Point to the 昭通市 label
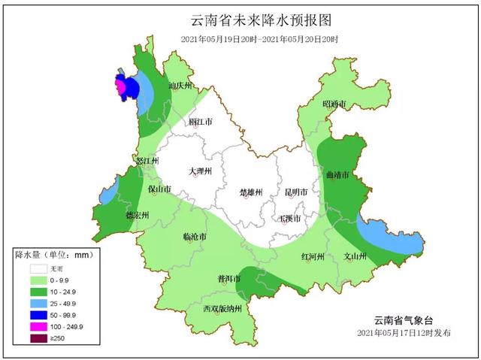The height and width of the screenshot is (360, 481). click(334, 103)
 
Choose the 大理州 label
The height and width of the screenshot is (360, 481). click(201, 171)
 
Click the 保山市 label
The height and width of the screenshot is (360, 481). click(159, 189)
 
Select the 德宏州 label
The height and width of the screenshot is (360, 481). click(137, 215)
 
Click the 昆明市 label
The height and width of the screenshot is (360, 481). click(292, 192)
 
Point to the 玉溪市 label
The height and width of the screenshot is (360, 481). click(290, 218)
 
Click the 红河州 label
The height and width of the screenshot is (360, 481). click(312, 256)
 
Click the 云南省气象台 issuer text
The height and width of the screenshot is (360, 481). click(404, 319)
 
